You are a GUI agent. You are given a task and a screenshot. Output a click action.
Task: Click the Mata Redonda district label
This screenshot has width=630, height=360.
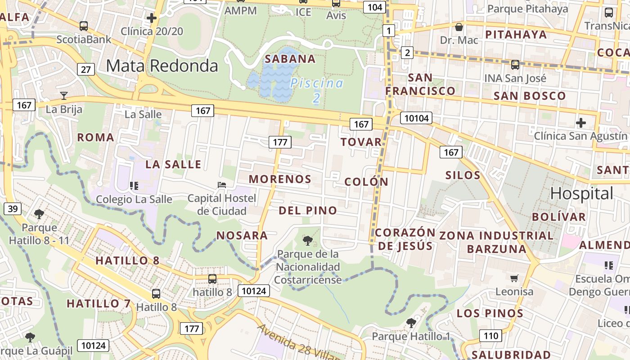(x=162, y=66)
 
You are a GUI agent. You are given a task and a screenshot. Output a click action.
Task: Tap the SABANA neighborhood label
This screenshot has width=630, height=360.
(x=290, y=59)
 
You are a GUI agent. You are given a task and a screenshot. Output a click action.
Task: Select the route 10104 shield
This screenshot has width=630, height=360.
(x=416, y=118)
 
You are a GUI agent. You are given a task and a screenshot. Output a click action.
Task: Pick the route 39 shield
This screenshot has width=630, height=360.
(x=13, y=208)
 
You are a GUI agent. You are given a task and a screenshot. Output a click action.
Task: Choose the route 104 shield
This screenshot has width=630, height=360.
(x=374, y=7)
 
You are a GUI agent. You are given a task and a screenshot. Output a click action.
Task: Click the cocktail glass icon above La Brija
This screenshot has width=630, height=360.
(x=64, y=95)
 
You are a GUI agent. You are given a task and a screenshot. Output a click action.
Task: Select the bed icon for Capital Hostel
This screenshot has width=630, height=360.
(x=221, y=184)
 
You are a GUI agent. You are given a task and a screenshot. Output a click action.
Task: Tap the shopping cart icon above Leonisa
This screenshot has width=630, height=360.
(x=514, y=278)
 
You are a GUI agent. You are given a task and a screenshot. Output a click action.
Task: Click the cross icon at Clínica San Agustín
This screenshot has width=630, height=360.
(x=581, y=122)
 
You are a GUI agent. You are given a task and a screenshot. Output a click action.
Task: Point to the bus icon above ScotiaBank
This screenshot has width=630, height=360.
(x=83, y=26)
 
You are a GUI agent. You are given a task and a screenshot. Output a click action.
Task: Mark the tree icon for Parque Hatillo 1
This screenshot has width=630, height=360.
(x=411, y=323)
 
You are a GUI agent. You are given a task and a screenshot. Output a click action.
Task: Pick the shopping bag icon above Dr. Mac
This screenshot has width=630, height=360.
(x=459, y=27)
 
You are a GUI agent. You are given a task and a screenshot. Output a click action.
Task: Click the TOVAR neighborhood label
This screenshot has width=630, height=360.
(x=361, y=142)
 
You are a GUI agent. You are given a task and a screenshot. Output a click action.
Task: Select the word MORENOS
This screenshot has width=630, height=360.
(x=280, y=179)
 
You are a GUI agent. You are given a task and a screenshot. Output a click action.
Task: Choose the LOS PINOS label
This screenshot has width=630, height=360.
(x=490, y=313)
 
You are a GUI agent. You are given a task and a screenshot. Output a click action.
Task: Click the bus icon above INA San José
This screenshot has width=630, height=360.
(x=515, y=64)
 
